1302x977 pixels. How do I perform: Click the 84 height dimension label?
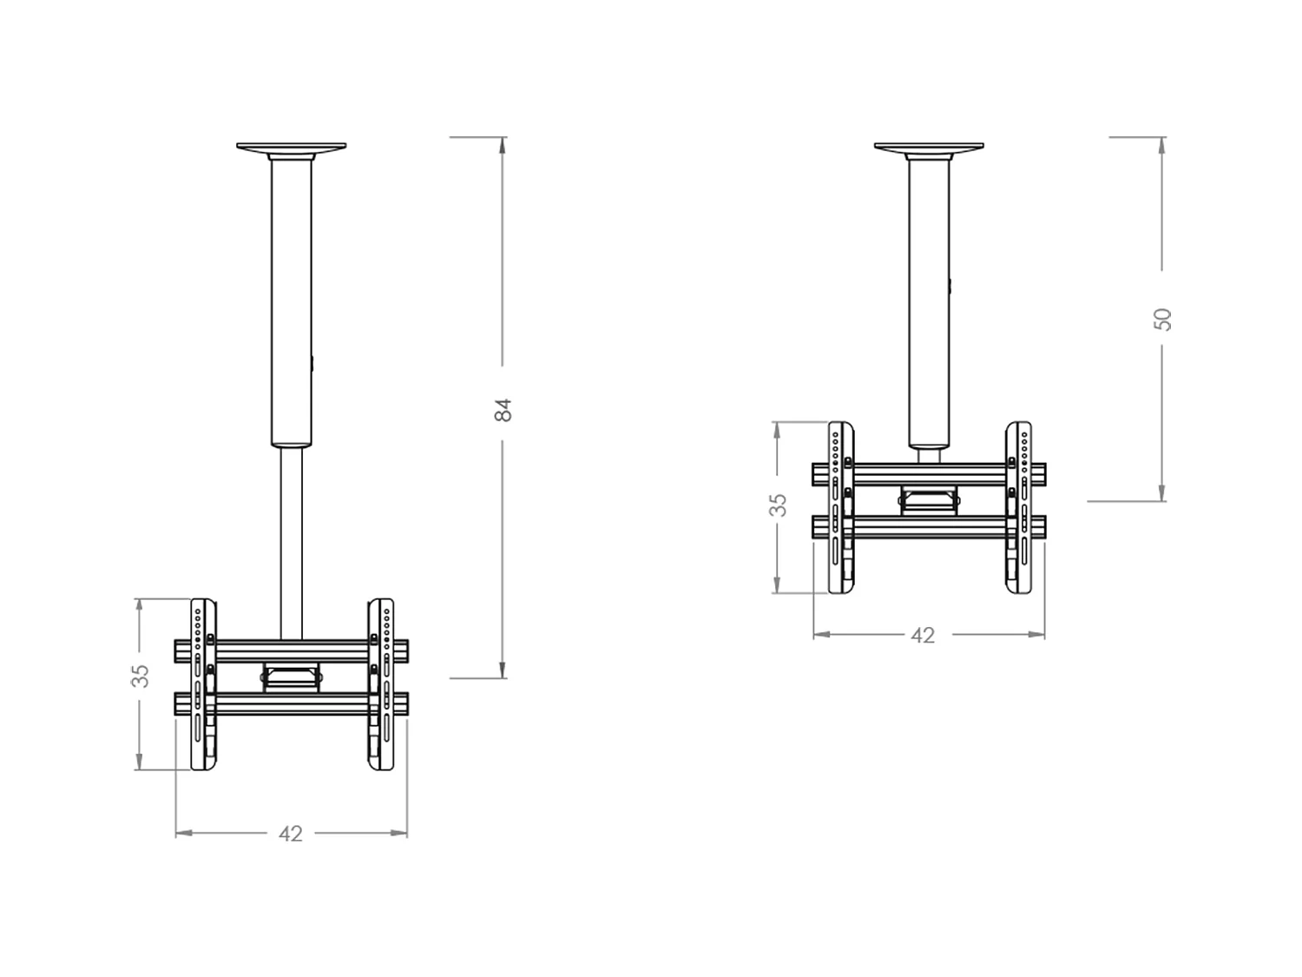pyautogui.click(x=503, y=410)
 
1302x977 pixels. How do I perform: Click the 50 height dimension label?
pyautogui.click(x=1164, y=319)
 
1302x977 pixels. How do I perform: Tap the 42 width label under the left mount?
pyautogui.click(x=291, y=834)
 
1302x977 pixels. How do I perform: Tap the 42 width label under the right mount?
pyautogui.click(x=923, y=636)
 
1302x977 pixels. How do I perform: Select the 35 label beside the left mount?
pyautogui.click(x=140, y=676)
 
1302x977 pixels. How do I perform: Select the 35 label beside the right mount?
pyautogui.click(x=779, y=505)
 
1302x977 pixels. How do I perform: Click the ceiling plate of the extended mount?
pyautogui.click(x=291, y=147)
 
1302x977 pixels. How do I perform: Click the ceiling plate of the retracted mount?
pyautogui.click(x=929, y=147)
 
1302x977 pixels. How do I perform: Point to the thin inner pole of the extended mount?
pyautogui.click(x=291, y=538)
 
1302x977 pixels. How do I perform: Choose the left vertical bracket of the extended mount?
pyautogui.click(x=203, y=684)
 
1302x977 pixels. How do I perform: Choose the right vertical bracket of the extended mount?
pyautogui.click(x=380, y=684)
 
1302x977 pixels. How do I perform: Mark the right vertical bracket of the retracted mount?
pyautogui.click(x=1018, y=508)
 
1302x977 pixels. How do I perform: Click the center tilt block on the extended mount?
pyautogui.click(x=291, y=677)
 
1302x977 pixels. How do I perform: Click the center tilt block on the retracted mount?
pyautogui.click(x=929, y=500)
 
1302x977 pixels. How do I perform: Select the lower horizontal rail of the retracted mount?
pyautogui.click(x=929, y=527)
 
